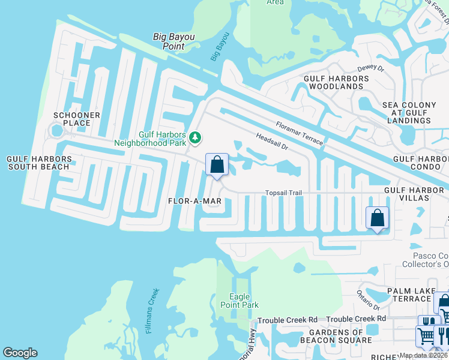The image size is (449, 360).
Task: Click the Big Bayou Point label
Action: [x=173, y=41]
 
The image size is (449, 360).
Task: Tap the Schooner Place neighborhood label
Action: [x=72, y=119]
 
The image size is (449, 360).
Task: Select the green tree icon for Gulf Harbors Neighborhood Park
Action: [x=194, y=138]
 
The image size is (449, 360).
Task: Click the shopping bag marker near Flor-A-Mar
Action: [x=217, y=164]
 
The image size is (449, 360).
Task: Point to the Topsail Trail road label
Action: [x=283, y=193]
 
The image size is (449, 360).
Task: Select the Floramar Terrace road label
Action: [x=300, y=133]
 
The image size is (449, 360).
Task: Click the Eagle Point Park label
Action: [x=244, y=301]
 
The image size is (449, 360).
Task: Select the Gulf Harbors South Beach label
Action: [x=40, y=163]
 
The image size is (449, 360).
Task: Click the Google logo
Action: [x=20, y=353]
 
